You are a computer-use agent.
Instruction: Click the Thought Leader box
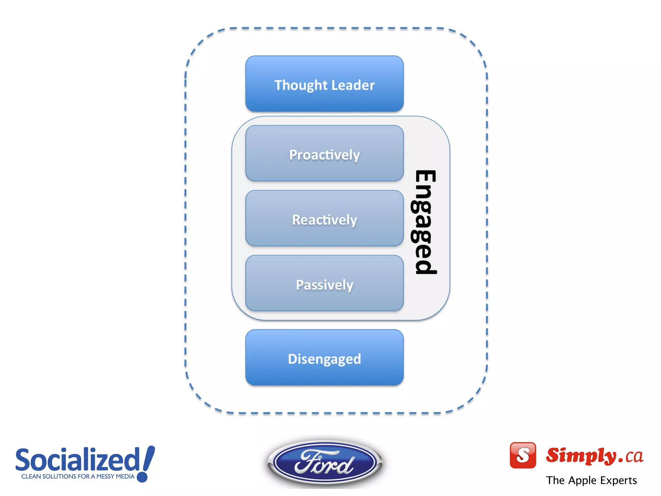[x=324, y=84]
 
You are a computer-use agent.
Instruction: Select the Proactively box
[x=324, y=154]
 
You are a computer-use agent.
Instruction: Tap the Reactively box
[x=324, y=219]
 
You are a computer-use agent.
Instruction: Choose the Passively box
[x=324, y=284]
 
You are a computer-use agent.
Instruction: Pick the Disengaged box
[x=324, y=358]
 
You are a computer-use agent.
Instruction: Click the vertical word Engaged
[x=425, y=222]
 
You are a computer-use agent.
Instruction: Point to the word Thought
[x=301, y=85]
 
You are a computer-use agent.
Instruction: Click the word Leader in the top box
[x=353, y=85]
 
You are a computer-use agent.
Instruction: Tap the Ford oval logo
[x=325, y=462]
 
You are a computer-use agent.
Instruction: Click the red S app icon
[x=523, y=455]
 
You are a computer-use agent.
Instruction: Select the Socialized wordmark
[x=77, y=460]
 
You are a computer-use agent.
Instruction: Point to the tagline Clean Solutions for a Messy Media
[x=78, y=476]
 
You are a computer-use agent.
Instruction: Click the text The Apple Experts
[x=591, y=480]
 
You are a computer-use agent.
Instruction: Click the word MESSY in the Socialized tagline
[x=105, y=476]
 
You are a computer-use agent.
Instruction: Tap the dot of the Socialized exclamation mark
[x=142, y=477]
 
